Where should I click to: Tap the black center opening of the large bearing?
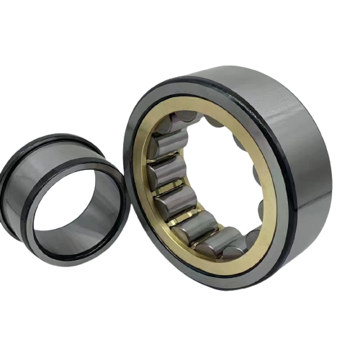(x=216, y=180)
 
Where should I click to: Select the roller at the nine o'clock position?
(x=161, y=173)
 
